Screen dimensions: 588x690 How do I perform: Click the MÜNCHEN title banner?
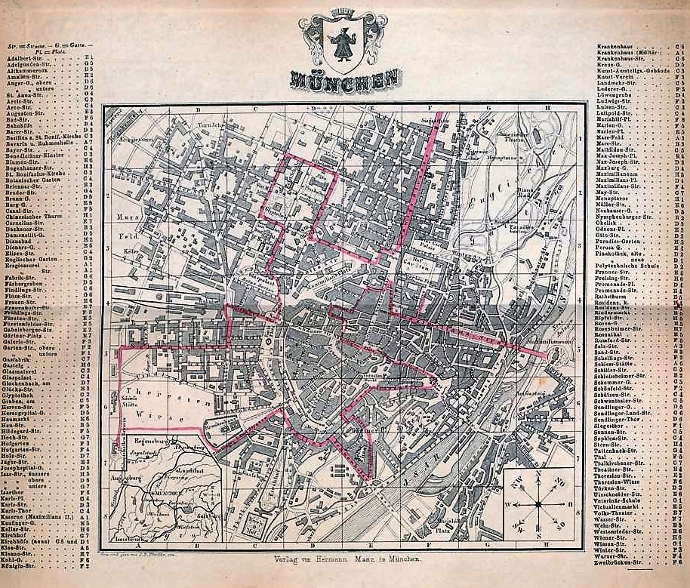pos(345,78)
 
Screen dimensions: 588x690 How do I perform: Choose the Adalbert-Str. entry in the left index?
pos(26,57)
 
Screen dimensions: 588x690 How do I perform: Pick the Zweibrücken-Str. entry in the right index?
pos(619,562)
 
